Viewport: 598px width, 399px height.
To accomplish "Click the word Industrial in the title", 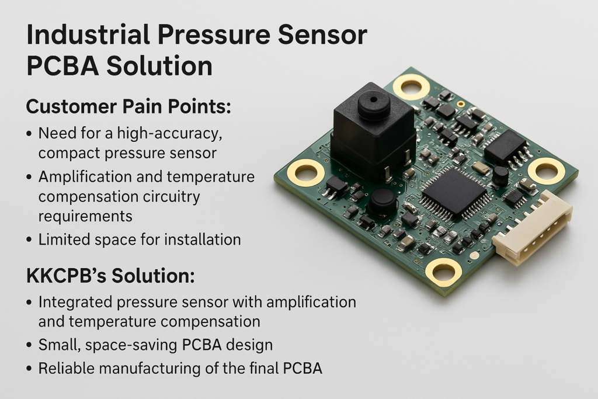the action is coord(88,34).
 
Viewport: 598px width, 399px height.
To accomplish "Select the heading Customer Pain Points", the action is coord(128,107).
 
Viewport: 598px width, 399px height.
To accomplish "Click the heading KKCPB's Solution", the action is coord(110,275).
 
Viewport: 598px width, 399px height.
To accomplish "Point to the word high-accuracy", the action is coord(170,134).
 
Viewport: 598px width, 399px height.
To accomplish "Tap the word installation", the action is coord(203,240).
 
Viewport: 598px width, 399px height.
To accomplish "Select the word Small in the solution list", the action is coord(60,345).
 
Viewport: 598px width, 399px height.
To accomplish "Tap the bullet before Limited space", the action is coord(29,240).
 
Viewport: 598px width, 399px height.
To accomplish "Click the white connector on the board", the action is coord(533,228).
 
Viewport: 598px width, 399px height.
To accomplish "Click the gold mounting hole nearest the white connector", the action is coord(546,171).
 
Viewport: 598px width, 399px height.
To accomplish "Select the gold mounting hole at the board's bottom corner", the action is coord(444,272).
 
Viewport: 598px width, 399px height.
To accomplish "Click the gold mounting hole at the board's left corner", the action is coord(306,173).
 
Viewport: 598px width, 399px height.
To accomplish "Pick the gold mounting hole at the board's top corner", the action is coord(411,87).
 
